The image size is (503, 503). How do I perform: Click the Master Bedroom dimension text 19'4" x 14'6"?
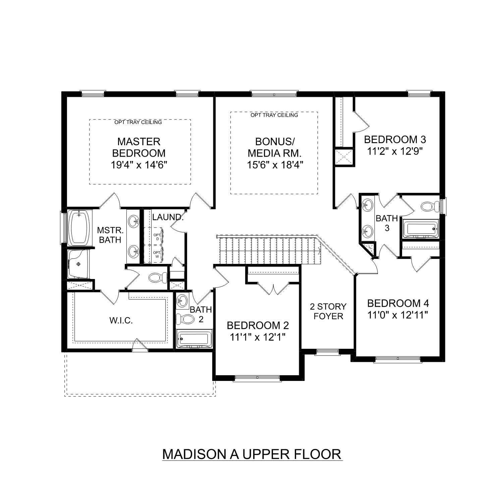pos(139,165)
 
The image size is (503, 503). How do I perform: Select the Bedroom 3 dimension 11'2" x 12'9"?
pos(395,151)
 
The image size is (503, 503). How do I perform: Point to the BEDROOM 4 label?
pos(398,303)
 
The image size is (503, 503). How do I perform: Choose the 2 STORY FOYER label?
pos(328,311)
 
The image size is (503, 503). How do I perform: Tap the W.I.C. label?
pos(121,321)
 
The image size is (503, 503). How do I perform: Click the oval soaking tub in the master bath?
pos(79,227)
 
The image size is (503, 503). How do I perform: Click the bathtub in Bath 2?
pos(194,340)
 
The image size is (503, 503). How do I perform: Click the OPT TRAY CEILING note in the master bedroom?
pos(138,122)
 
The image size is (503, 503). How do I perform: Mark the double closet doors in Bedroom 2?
pos(274,289)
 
